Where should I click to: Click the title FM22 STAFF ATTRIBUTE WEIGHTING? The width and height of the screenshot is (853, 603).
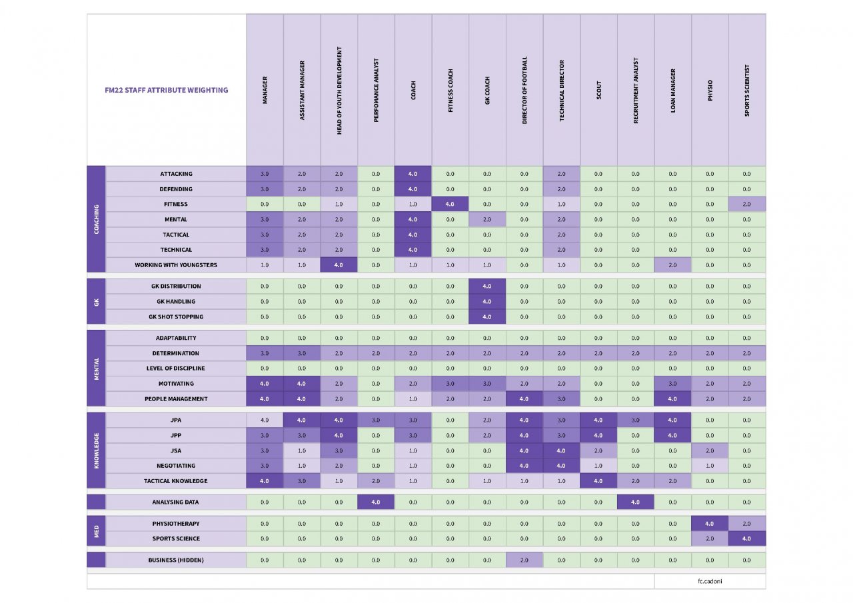[x=167, y=90]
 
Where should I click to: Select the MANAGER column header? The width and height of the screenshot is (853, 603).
[x=265, y=91]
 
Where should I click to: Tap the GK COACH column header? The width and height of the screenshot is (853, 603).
[x=487, y=91]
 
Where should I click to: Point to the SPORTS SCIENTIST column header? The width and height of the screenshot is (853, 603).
[x=747, y=91]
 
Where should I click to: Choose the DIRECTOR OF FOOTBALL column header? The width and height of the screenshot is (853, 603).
[x=524, y=91]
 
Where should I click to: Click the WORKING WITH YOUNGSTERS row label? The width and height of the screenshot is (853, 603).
[x=176, y=265]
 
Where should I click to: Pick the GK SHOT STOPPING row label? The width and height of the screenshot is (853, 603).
[x=176, y=316]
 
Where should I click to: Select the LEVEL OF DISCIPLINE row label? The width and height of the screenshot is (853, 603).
[x=176, y=368]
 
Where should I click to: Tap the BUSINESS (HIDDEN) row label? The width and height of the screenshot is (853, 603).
[x=176, y=560]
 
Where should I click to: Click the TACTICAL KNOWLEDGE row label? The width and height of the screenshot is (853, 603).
[x=176, y=480]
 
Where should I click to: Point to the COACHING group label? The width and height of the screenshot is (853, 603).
[x=96, y=219]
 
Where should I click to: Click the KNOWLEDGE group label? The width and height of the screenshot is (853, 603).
[x=96, y=450]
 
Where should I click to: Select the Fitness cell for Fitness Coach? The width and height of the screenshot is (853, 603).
[x=450, y=204]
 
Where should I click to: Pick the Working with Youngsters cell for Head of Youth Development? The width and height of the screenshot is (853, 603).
[x=339, y=265]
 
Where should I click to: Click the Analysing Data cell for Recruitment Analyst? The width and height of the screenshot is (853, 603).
[x=636, y=502]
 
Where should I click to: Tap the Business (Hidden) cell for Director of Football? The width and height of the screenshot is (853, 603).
[x=524, y=560]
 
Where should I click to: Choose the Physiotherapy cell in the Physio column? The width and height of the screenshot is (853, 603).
[x=710, y=524]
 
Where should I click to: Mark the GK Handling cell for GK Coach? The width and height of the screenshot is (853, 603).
[x=487, y=301]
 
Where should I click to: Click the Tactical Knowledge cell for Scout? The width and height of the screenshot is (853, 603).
[x=598, y=480]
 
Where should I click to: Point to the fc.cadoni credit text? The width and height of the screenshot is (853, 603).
[x=710, y=581]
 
